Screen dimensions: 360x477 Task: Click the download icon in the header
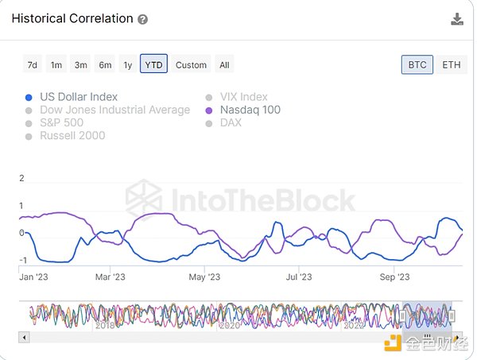(x=457, y=19)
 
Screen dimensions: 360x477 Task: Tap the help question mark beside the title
(x=142, y=19)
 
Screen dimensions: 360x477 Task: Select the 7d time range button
(x=32, y=64)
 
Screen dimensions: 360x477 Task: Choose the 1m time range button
(x=56, y=64)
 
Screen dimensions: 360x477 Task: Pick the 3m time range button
(x=80, y=64)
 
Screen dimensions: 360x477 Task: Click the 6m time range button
(x=105, y=64)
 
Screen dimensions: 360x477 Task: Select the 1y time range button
(x=128, y=64)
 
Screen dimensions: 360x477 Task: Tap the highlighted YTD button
(x=153, y=64)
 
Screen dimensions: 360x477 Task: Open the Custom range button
(x=191, y=64)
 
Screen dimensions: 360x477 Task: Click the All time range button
(x=224, y=64)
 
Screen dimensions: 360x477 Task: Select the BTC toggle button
(x=417, y=64)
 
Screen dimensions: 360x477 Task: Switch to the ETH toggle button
(x=451, y=64)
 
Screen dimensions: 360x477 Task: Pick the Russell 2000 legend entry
(x=72, y=135)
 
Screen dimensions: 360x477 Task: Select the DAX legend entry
(x=231, y=122)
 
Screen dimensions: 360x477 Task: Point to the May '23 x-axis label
(x=204, y=277)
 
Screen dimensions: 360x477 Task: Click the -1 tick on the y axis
(x=22, y=261)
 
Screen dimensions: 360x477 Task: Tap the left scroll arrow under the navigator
(x=24, y=337)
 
